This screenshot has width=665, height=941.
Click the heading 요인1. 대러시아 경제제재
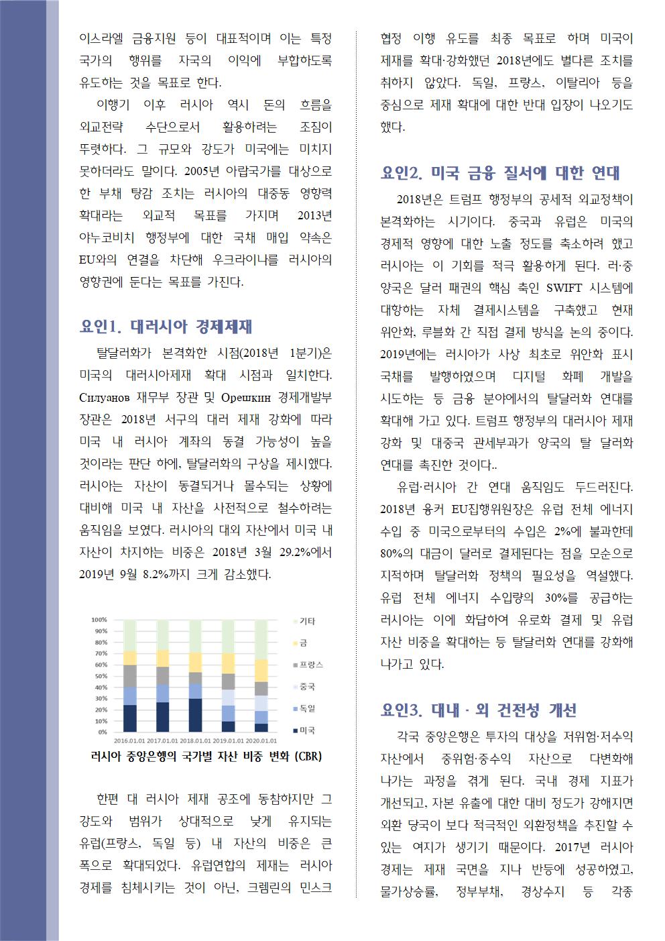point(166,327)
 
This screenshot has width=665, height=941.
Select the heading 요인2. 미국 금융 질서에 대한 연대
point(500,173)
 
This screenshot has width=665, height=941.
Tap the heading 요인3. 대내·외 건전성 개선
point(478,710)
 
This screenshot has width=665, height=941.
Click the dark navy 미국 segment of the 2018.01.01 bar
point(195,715)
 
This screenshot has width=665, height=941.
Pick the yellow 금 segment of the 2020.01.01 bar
point(261,670)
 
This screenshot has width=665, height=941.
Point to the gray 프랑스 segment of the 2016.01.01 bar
point(130,676)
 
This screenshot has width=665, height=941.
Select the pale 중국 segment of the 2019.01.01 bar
point(228,698)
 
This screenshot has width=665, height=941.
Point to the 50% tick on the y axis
point(99,676)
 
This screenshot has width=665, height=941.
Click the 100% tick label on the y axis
point(99,620)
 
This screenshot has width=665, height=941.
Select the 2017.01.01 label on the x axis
point(162,741)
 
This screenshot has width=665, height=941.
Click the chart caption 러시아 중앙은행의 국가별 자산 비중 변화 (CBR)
point(206,757)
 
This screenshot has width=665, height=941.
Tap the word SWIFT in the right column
point(568,288)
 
